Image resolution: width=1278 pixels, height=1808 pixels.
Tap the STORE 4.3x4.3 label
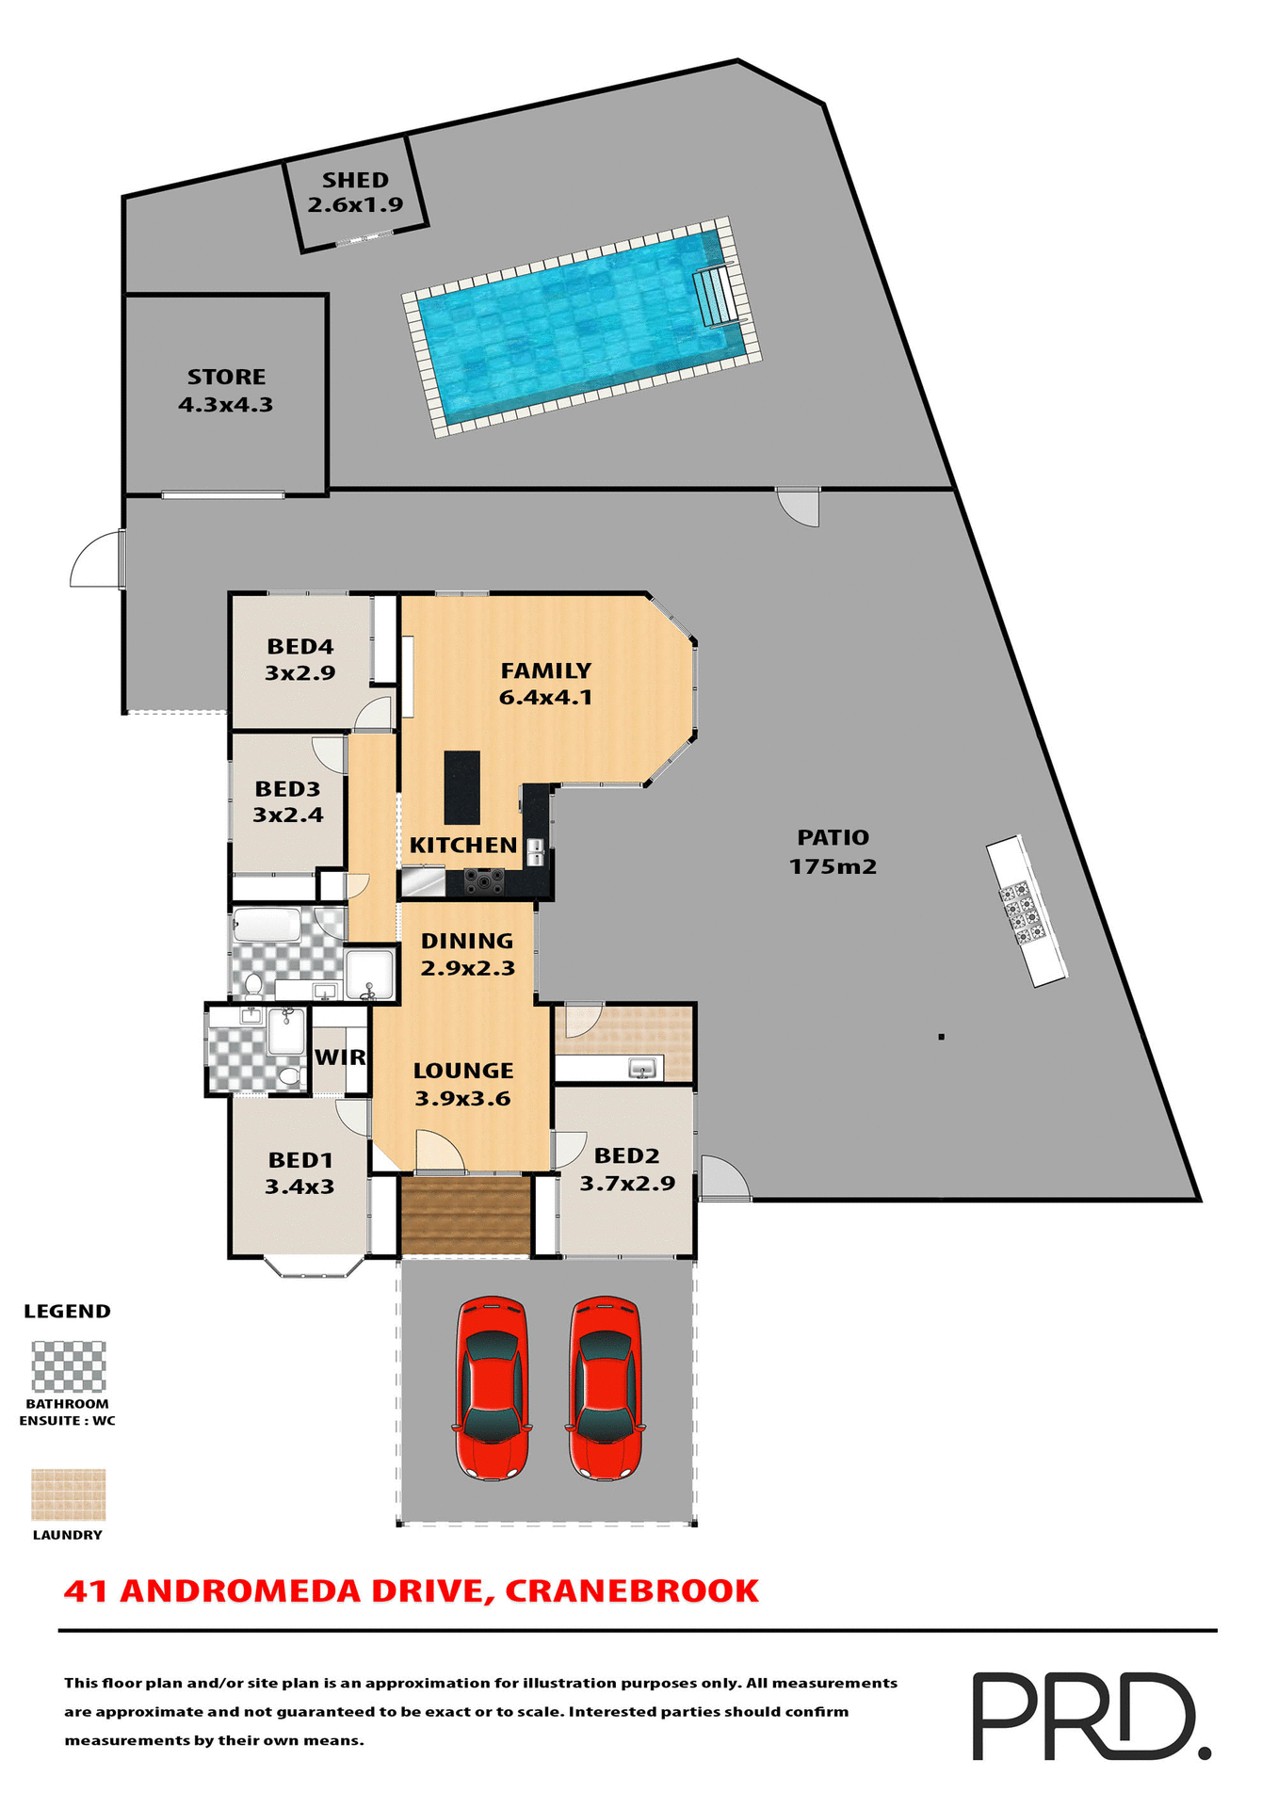click(x=226, y=390)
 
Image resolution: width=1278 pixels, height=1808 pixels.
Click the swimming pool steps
click(x=716, y=296)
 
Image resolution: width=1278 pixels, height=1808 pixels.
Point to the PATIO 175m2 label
click(x=833, y=851)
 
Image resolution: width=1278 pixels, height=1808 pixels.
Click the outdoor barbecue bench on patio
click(x=1026, y=911)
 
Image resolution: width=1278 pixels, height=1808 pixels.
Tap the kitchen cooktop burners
click(x=484, y=881)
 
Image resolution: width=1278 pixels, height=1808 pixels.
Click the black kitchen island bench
click(x=461, y=787)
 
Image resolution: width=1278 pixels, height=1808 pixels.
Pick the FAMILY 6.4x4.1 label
click(x=545, y=684)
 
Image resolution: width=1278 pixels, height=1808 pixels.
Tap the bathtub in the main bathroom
click(x=267, y=925)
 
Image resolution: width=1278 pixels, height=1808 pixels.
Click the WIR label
click(x=340, y=1057)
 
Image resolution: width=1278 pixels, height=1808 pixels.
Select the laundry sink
click(x=642, y=1069)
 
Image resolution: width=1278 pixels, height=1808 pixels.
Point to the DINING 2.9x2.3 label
click(x=467, y=954)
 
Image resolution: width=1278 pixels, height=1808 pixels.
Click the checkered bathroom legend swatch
click(x=69, y=1366)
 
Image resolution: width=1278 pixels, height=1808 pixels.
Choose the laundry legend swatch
click(x=69, y=1494)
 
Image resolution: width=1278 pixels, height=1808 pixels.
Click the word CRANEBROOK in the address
click(x=631, y=1591)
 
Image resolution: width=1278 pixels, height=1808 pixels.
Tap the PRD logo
click(x=1090, y=1715)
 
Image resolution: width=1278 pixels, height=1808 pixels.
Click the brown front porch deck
click(x=465, y=1215)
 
